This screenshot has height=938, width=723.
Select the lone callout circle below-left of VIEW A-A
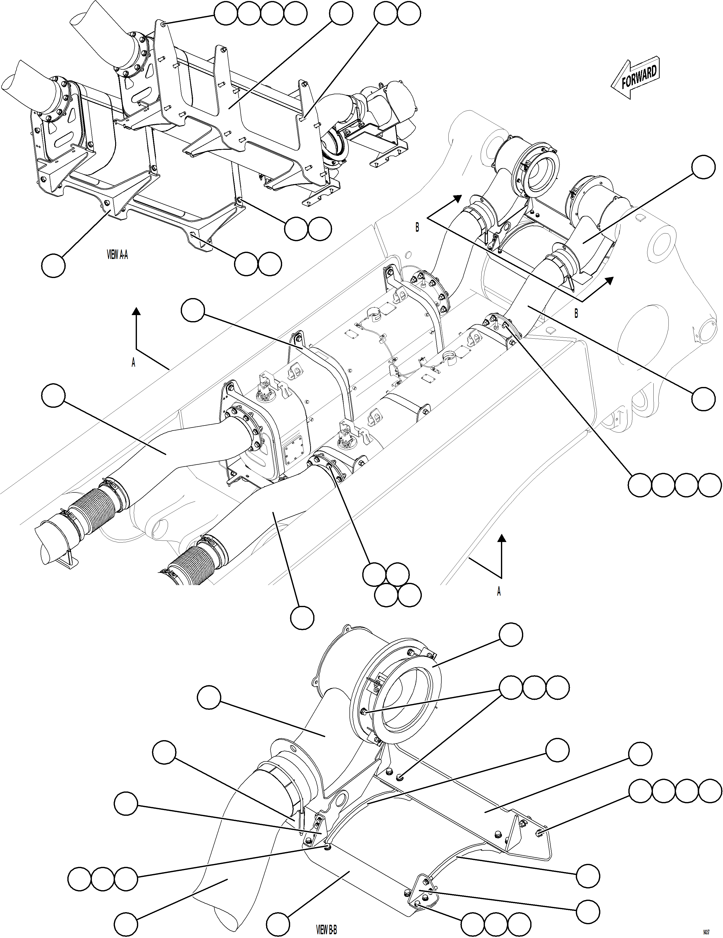click(54, 265)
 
